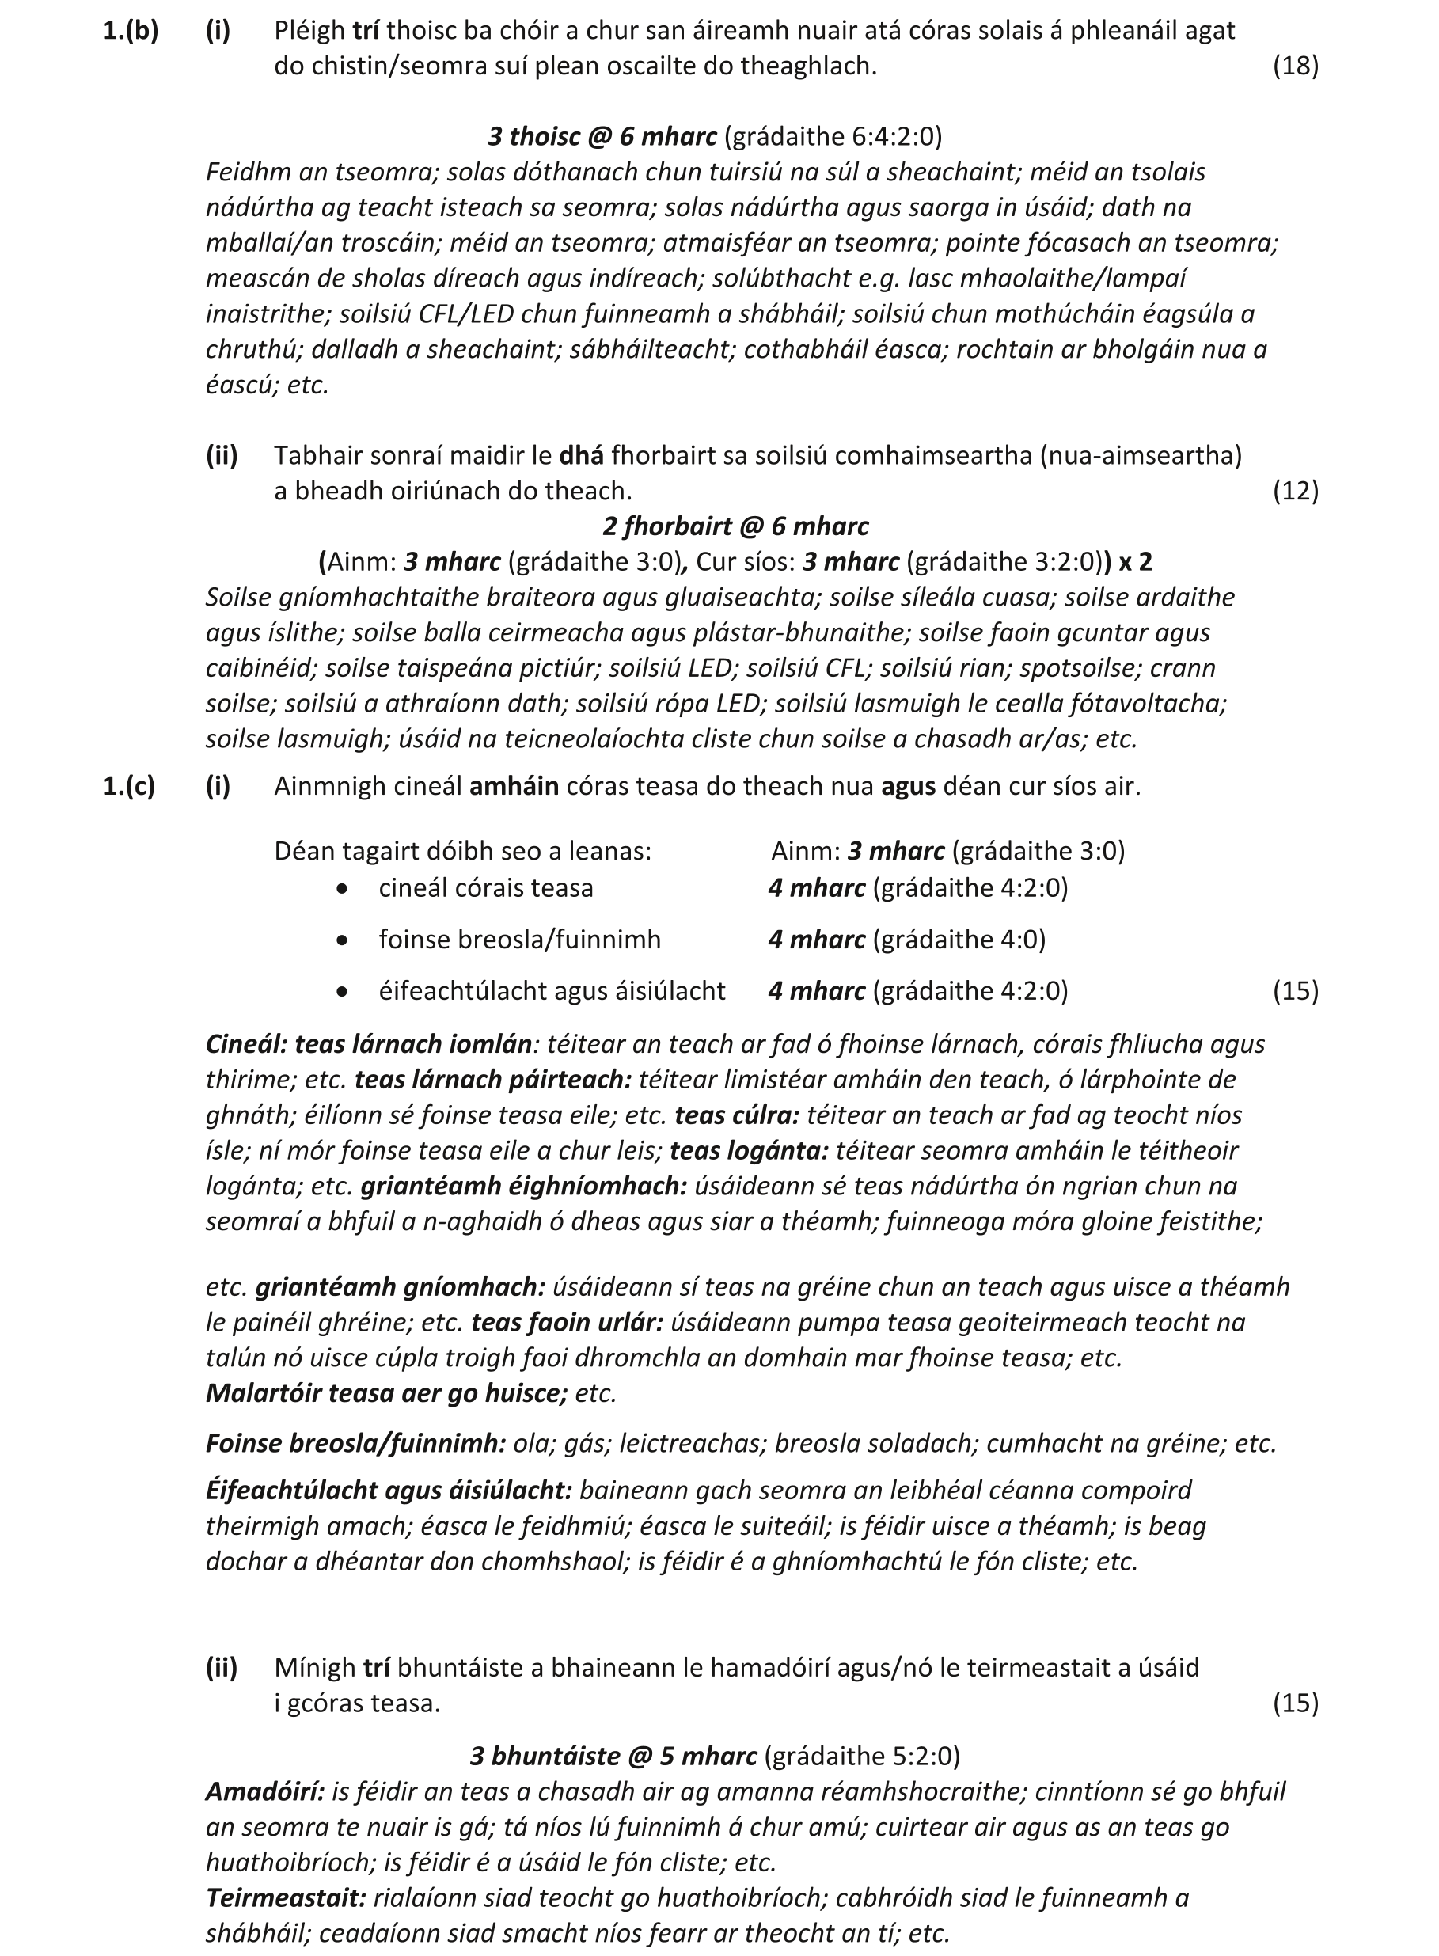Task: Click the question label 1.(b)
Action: [x=131, y=31]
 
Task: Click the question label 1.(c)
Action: [x=129, y=786]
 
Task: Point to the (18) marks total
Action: [x=1295, y=66]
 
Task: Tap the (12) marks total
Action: [x=1295, y=492]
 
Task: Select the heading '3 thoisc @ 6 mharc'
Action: [x=602, y=137]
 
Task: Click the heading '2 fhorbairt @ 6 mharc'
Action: [x=735, y=527]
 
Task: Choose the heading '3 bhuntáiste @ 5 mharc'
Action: [x=613, y=1756]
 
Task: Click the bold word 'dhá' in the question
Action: [x=581, y=455]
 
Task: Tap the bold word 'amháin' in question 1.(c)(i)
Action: [x=514, y=786]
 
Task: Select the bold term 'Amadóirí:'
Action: [x=265, y=1791]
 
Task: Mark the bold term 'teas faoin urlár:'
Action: [x=567, y=1322]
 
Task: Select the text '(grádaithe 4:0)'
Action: [x=959, y=940]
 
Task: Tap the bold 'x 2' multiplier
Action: [x=1134, y=562]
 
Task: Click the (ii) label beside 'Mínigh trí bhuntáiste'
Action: [x=222, y=1668]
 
